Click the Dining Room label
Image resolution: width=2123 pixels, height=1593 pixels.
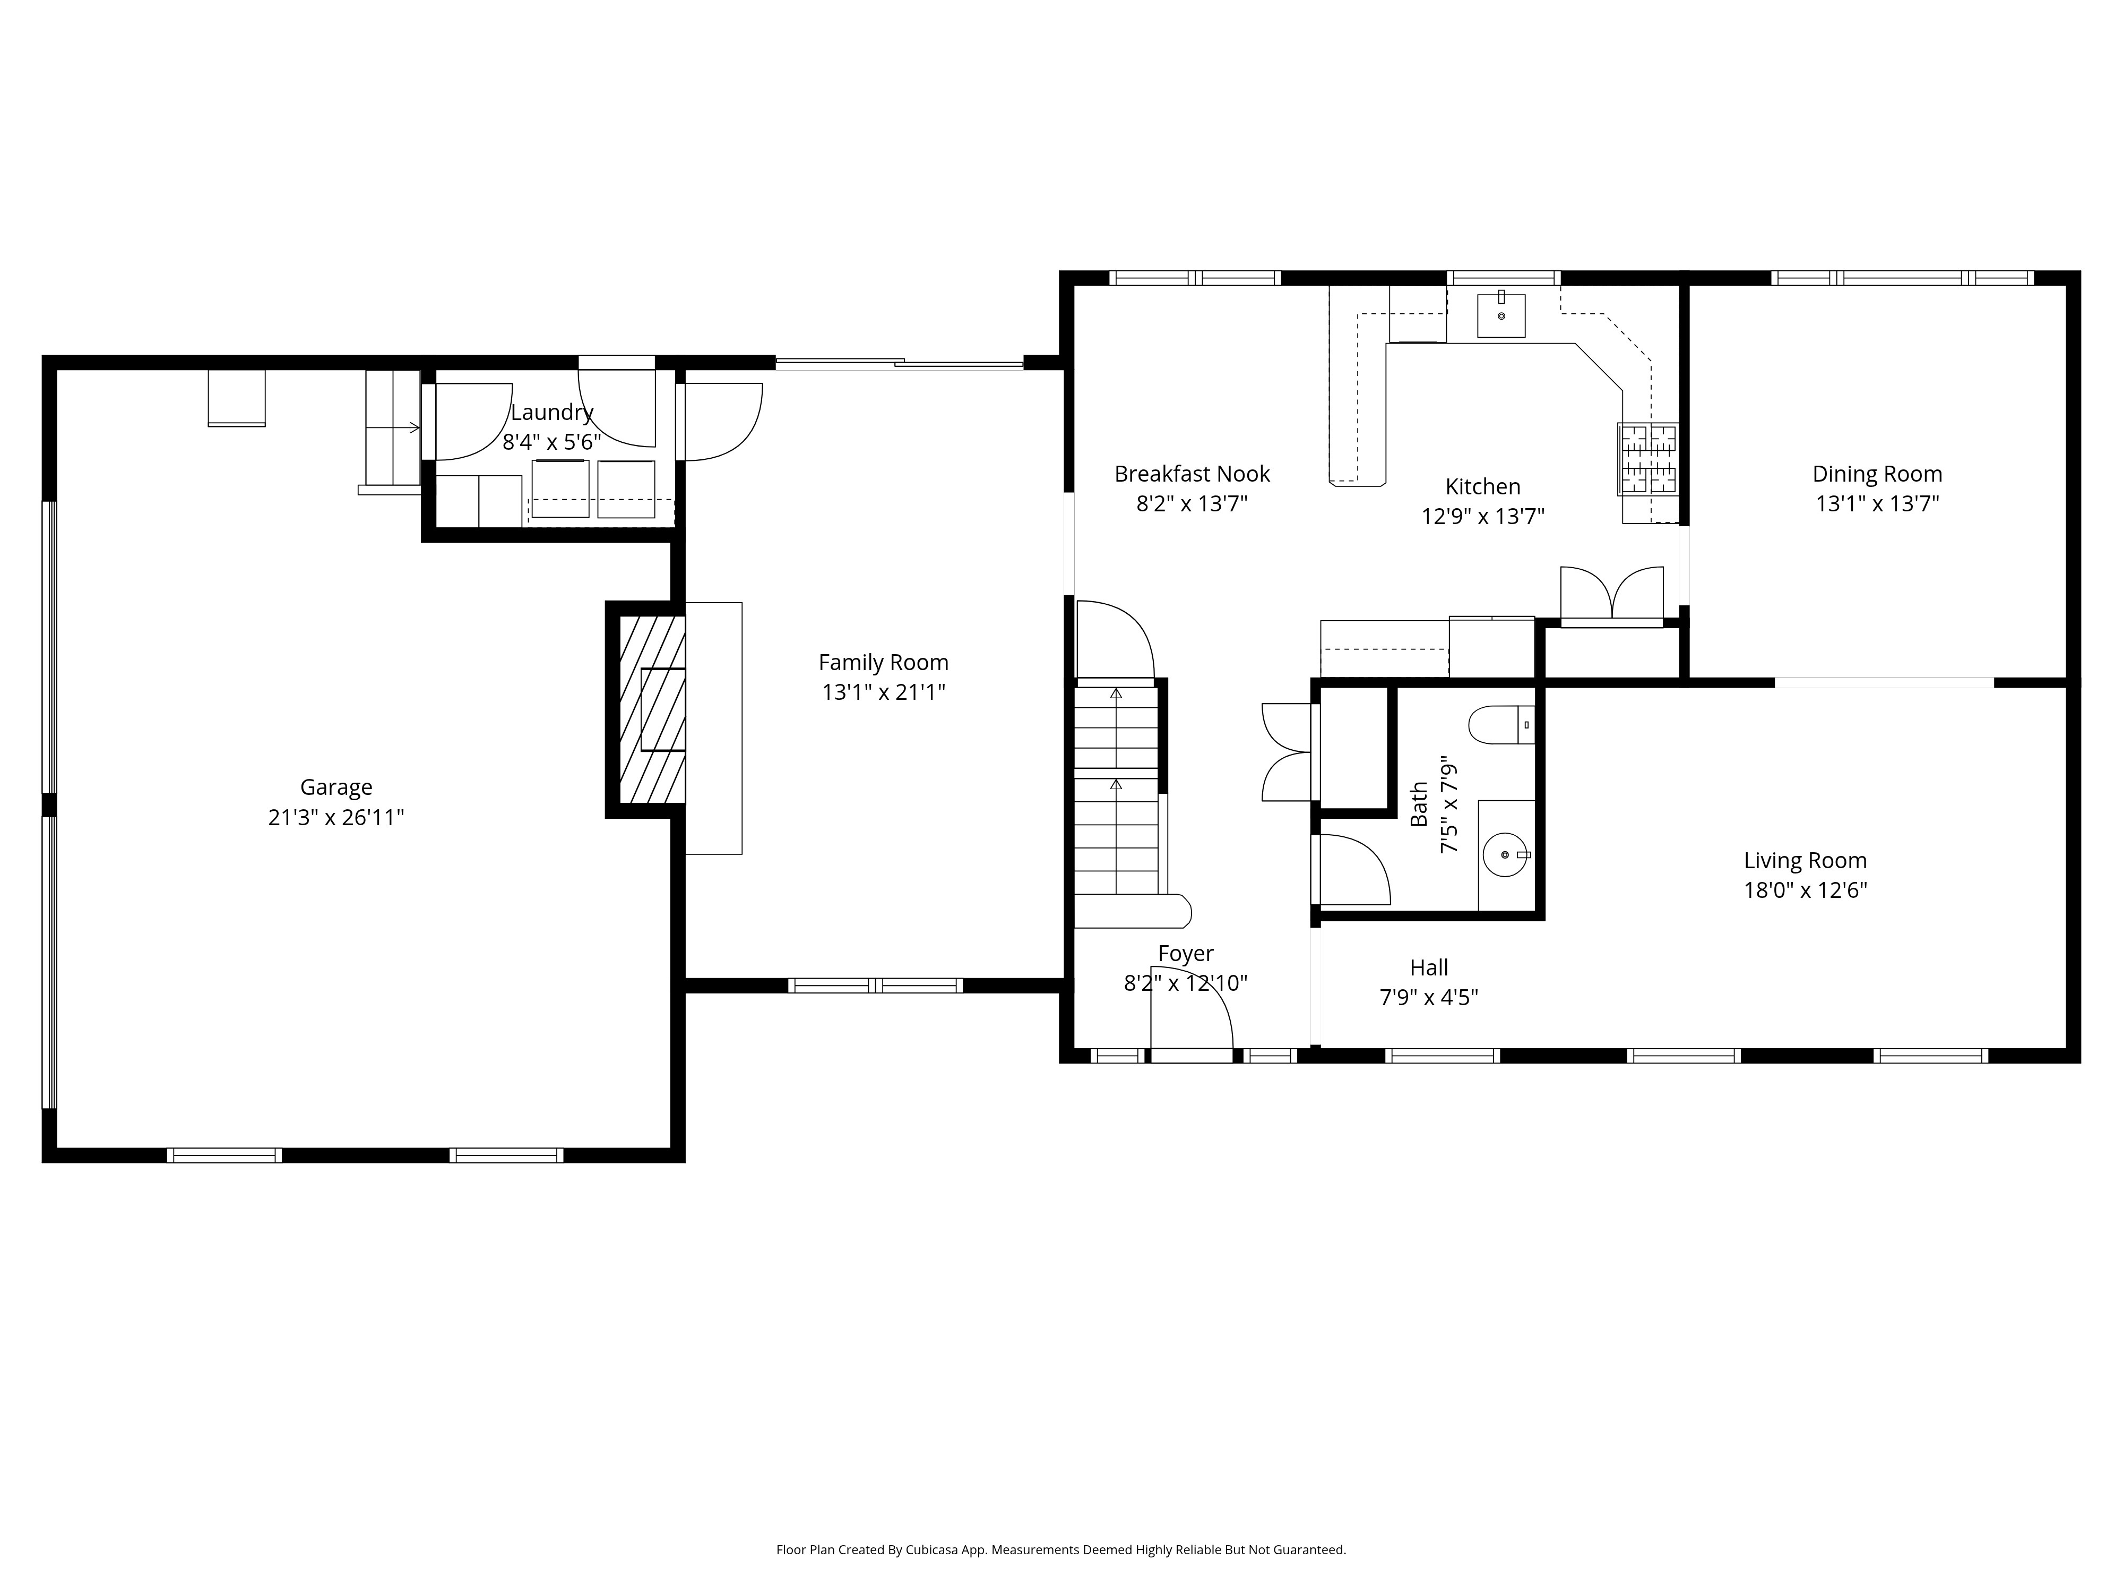click(x=1876, y=474)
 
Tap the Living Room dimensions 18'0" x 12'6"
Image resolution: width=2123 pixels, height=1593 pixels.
click(x=1805, y=890)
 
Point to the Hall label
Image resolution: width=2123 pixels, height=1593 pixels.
click(x=1428, y=968)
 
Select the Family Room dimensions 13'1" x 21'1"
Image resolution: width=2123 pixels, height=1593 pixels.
click(x=883, y=692)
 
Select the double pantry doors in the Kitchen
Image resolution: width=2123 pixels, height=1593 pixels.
click(x=1611, y=594)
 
